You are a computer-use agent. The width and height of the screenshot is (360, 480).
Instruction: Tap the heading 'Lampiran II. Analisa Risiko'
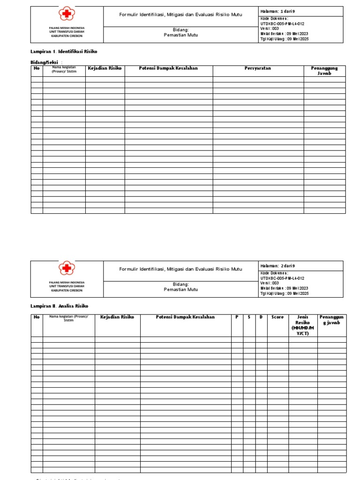[59, 306]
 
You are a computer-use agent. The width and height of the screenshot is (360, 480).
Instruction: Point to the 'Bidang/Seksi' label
[45, 62]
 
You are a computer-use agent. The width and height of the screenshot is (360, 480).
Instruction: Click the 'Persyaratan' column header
[258, 68]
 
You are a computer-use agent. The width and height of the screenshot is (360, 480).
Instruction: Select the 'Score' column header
[277, 317]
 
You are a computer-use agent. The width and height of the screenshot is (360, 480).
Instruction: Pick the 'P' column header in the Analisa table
[237, 317]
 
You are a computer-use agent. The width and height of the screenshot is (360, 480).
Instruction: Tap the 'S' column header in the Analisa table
[249, 317]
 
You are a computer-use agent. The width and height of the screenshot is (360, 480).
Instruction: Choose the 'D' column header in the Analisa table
[261, 317]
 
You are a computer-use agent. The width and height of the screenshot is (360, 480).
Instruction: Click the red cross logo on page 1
[67, 14]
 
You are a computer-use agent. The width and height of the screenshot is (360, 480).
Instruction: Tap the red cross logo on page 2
[67, 269]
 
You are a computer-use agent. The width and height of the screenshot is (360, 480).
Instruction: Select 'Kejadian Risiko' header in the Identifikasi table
[105, 68]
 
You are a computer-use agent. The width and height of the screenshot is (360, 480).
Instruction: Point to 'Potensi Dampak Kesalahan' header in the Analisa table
[185, 317]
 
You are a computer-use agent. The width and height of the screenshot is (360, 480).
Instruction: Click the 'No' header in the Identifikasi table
[37, 68]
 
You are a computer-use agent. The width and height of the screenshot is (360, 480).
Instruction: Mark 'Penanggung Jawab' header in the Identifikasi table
[324, 71]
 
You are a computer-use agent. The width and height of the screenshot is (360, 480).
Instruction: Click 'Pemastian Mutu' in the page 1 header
[180, 35]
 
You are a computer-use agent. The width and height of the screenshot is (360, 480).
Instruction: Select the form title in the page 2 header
[180, 269]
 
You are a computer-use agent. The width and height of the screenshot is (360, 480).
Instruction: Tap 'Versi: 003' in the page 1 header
[270, 28]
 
